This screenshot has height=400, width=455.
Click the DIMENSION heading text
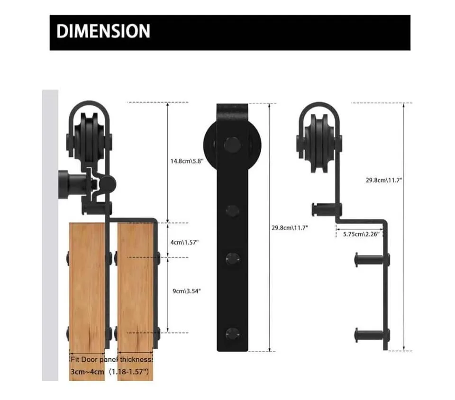(103, 32)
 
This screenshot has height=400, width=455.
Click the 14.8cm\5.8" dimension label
(187, 161)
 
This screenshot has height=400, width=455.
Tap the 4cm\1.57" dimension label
(184, 242)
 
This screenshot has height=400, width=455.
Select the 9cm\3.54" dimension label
(186, 291)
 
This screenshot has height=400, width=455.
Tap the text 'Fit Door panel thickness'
(111, 360)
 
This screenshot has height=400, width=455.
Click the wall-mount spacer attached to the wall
(71, 182)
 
